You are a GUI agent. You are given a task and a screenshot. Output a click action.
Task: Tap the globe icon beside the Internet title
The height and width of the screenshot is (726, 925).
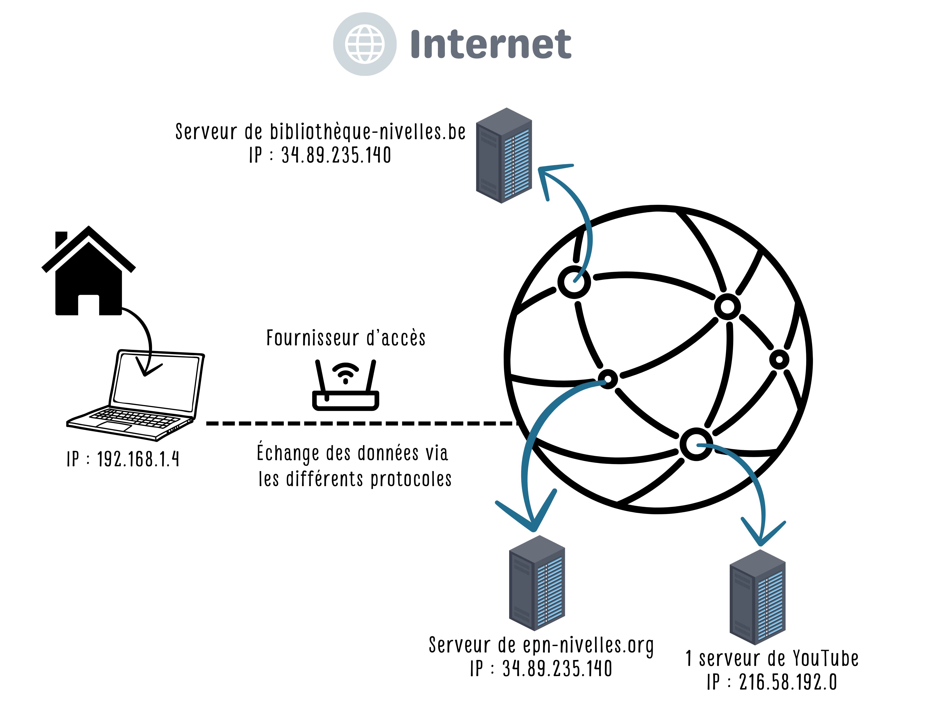pyautogui.click(x=364, y=44)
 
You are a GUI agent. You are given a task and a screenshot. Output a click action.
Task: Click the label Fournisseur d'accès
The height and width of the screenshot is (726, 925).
pyautogui.click(x=346, y=338)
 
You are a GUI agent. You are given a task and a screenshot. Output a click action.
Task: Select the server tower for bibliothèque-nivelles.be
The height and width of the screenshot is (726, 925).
pyautogui.click(x=503, y=155)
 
